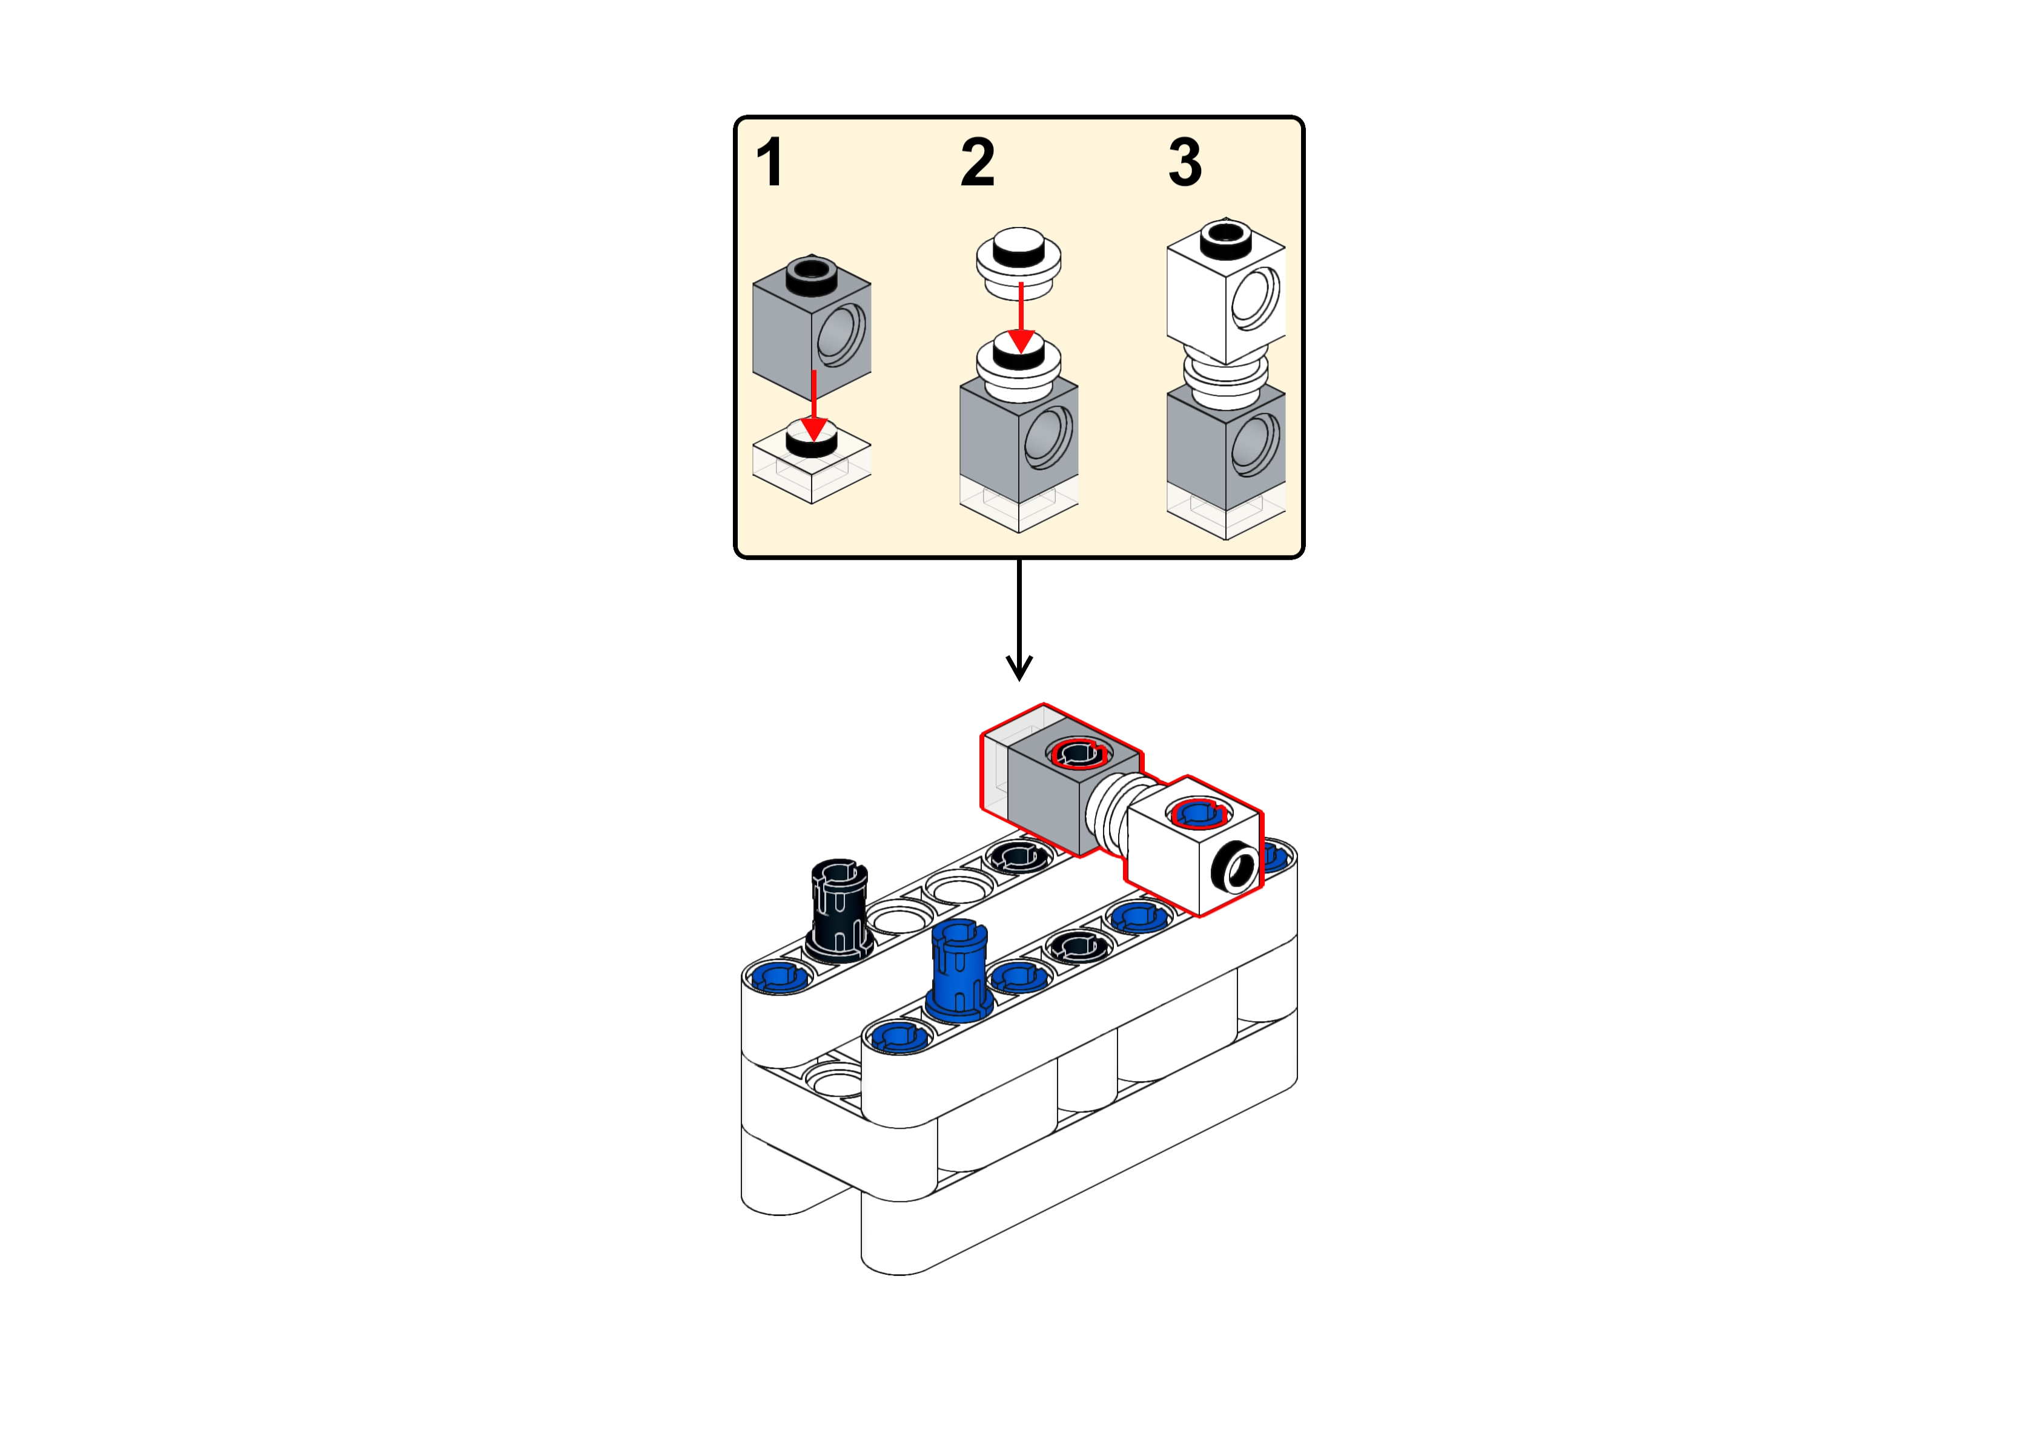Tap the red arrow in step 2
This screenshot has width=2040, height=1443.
(x=1021, y=317)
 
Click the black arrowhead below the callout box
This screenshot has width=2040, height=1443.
(x=1019, y=667)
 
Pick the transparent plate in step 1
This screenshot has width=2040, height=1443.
(x=812, y=462)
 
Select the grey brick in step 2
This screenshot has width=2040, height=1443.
(x=1019, y=435)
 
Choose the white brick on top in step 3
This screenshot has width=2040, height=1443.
(x=1226, y=291)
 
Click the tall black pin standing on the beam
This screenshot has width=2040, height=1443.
(x=838, y=910)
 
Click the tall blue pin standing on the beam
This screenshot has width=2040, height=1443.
(x=959, y=971)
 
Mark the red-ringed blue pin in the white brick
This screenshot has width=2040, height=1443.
(x=1200, y=813)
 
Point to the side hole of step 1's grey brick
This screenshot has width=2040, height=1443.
(x=840, y=335)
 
